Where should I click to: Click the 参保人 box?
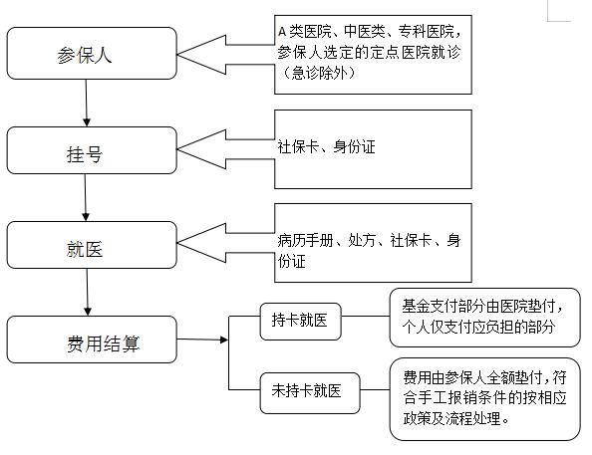pos(92,53)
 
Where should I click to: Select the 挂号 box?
pos(92,150)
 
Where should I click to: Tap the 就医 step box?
pos(92,245)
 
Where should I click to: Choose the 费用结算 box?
pos(92,340)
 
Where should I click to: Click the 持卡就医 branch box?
pos(301,322)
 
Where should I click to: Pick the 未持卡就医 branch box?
pos(310,393)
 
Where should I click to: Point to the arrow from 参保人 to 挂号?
pos(86,103)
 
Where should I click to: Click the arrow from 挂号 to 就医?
pos(86,198)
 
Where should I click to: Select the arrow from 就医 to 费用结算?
pos(88,293)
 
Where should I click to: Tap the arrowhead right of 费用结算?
pos(224,340)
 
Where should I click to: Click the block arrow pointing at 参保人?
pos(226,55)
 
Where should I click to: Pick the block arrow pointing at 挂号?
pos(226,149)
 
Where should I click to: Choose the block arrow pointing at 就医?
pos(226,243)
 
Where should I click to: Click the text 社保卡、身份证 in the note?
pos(326,146)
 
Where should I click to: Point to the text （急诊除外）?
pos(316,73)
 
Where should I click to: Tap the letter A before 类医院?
pos(282,31)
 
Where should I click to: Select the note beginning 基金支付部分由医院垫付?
pos(484,318)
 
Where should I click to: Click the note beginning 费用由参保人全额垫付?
pos(484,399)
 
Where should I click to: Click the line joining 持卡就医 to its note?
pos(366,317)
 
